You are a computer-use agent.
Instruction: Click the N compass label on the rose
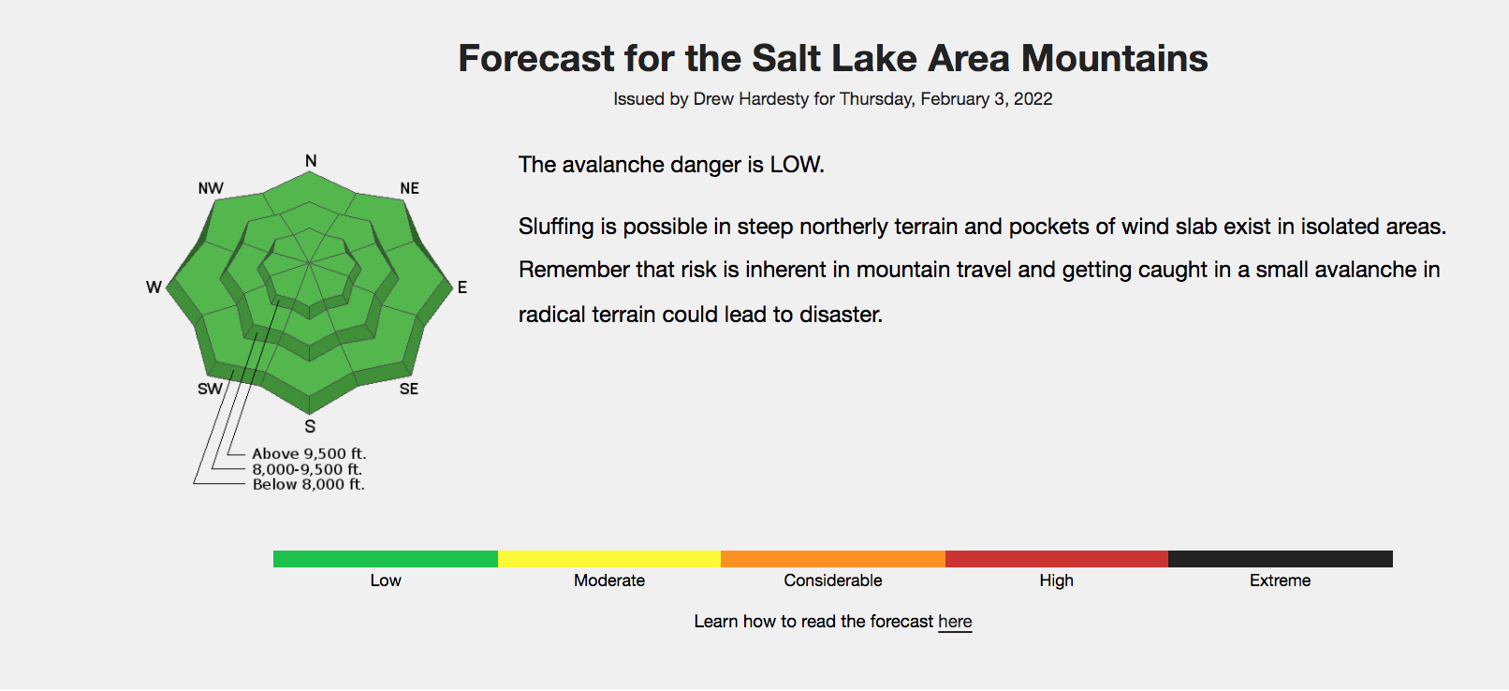(311, 161)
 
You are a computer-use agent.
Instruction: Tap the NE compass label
(410, 188)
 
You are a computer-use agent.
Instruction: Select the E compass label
(462, 287)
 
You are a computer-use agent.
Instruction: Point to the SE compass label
(409, 390)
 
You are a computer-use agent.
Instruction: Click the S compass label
(310, 426)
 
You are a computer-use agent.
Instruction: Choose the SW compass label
(210, 390)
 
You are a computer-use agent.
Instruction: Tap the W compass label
(154, 287)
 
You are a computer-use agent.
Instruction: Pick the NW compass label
(211, 188)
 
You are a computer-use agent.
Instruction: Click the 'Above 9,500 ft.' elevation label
(309, 454)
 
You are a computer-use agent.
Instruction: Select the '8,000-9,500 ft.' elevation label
(307, 469)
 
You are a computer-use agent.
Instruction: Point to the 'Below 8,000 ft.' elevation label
(309, 484)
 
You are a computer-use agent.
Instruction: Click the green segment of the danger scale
(386, 559)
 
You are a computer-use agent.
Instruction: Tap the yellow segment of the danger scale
(609, 559)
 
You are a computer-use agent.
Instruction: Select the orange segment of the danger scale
(832, 559)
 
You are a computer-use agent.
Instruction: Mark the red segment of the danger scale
(1056, 559)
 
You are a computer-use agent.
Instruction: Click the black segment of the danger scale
(1280, 559)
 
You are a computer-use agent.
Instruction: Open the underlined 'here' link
(955, 622)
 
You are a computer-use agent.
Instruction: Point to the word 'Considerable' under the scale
(832, 581)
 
